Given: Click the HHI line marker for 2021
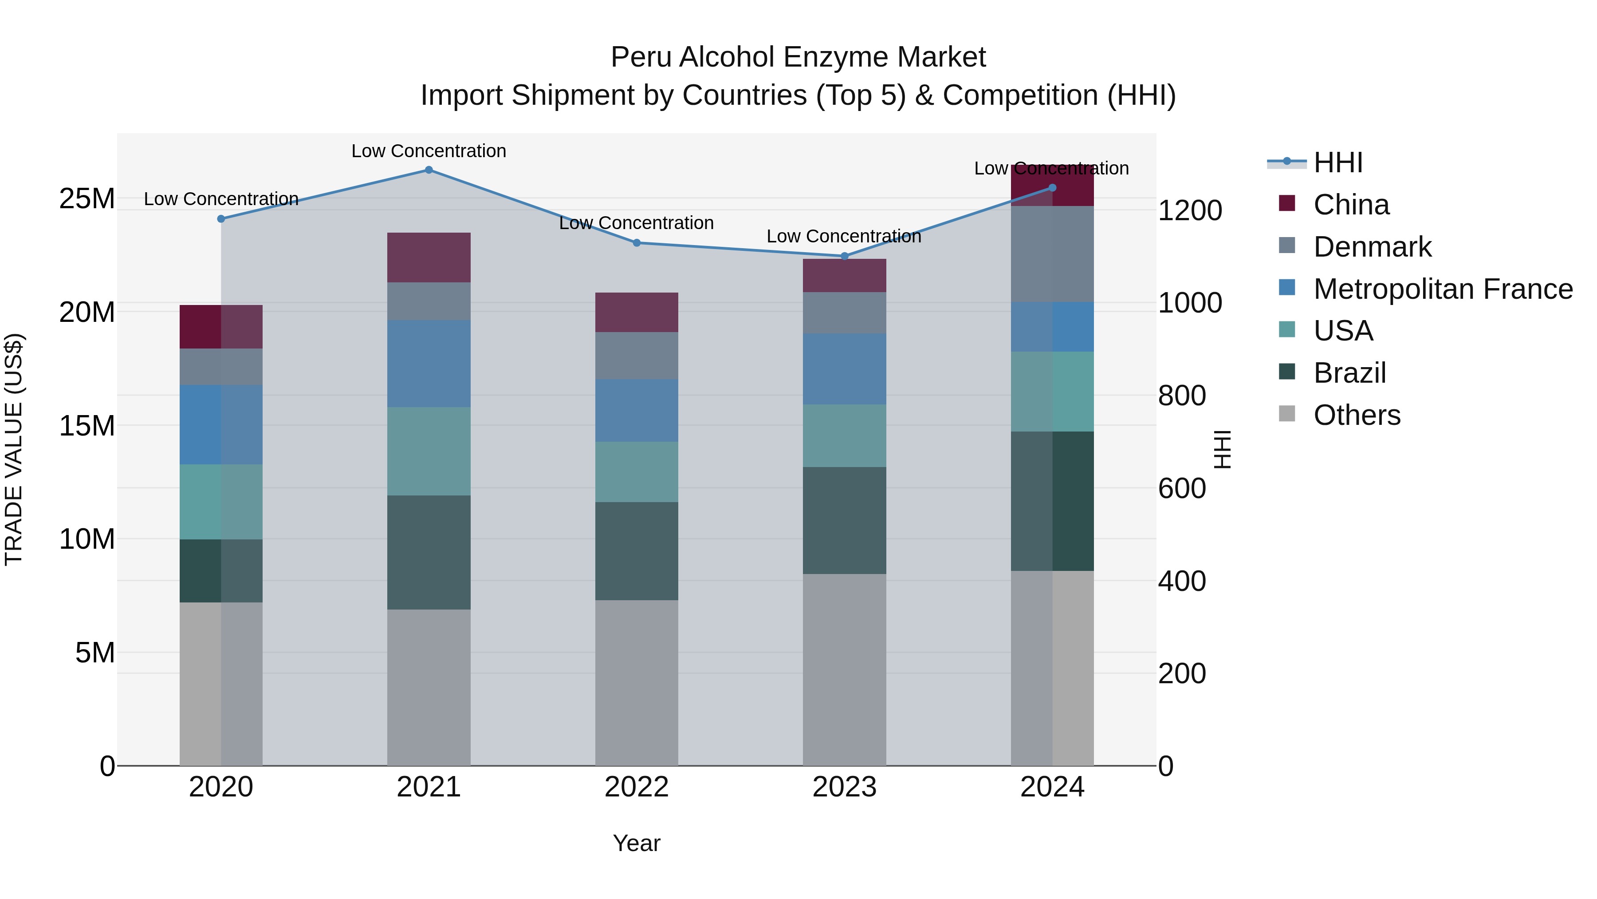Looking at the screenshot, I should coord(429,170).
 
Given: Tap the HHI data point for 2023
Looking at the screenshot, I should coord(844,256).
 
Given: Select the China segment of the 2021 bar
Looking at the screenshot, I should coord(429,257).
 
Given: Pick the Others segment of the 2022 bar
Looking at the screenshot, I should coord(636,682).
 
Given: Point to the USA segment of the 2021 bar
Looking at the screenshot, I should coord(429,451).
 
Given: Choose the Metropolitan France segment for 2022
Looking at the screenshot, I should coord(636,410).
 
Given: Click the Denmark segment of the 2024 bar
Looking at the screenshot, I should coord(1052,254).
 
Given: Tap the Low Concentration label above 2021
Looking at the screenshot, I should coord(429,151).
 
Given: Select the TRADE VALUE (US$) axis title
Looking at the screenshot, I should coord(14,450).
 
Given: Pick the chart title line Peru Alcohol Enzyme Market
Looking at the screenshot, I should coord(798,57).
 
